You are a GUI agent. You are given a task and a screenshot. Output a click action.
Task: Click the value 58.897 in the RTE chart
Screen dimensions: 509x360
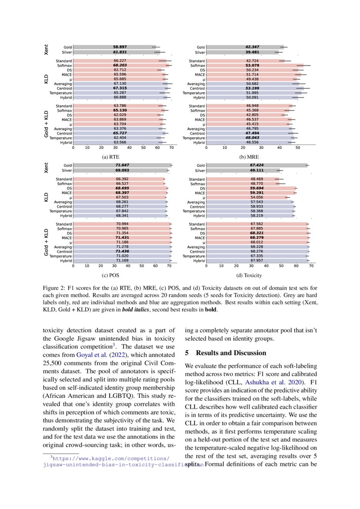click(120, 47)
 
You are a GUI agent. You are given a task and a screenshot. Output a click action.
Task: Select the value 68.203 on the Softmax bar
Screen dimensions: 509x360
click(120, 65)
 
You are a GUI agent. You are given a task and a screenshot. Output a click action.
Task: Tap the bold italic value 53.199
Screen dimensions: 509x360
click(252, 88)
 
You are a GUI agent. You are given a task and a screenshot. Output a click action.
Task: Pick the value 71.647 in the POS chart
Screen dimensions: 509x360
click(122, 165)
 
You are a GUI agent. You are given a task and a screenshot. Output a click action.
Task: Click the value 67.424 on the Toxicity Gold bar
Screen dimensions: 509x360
click(256, 165)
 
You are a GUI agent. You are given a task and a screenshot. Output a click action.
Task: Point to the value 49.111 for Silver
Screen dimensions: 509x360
click(256, 171)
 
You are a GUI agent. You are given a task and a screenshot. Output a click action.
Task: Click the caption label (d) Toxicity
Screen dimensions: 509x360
click(249, 275)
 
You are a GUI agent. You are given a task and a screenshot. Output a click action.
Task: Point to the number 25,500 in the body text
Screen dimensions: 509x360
click(54, 363)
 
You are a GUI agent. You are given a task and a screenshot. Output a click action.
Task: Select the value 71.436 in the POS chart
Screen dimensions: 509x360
click(122, 252)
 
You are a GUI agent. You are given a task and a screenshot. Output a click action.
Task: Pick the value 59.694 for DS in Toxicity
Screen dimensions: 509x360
click(256, 189)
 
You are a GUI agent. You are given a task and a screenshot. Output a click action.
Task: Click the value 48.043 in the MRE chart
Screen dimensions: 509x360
click(252, 138)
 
